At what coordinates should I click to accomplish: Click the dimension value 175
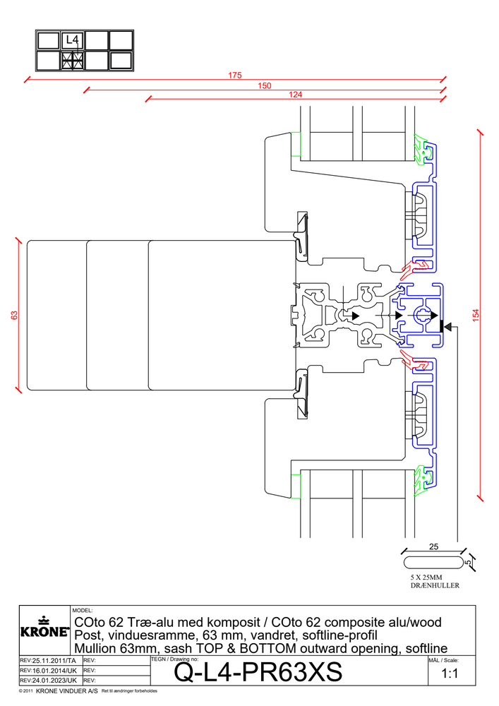tap(235, 75)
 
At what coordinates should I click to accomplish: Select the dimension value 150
tap(264, 85)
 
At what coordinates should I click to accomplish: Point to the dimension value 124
tap(295, 95)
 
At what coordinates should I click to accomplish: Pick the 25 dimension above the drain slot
tap(433, 546)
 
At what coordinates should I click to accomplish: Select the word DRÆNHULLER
tap(435, 586)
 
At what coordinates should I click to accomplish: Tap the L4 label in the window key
tap(72, 40)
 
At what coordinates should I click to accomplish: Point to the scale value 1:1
tap(450, 674)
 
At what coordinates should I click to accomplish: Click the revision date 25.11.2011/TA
tap(49, 660)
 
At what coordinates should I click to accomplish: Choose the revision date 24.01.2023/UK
tap(49, 680)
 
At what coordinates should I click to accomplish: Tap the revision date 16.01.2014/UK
tap(49, 670)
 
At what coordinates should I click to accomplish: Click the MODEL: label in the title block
tap(83, 610)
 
